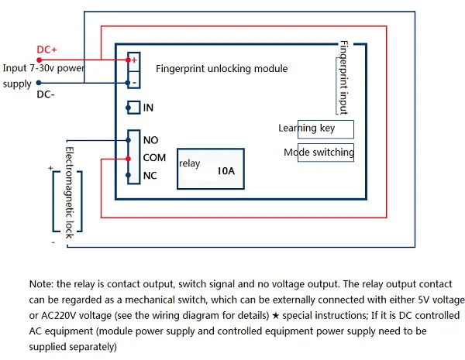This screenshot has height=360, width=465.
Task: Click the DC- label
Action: tap(47, 96)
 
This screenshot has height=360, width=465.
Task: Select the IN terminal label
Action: tap(148, 108)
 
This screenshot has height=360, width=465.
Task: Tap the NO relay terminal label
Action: tap(150, 140)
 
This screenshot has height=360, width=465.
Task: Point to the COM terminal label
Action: tap(155, 158)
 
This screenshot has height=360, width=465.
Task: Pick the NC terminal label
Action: tap(150, 175)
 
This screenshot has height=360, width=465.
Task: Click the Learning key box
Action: tap(316, 129)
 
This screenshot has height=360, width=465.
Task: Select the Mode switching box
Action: tap(319, 153)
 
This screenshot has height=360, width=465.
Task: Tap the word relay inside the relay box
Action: tap(189, 163)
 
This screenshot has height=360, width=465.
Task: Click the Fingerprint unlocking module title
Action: tap(222, 69)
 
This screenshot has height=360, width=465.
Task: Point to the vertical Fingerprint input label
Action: tap(343, 78)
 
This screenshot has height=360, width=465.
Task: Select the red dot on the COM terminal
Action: tap(128, 158)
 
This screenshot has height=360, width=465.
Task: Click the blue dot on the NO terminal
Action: tap(128, 140)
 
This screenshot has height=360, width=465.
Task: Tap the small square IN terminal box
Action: tap(133, 108)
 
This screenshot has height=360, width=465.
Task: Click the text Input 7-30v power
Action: tap(43, 69)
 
